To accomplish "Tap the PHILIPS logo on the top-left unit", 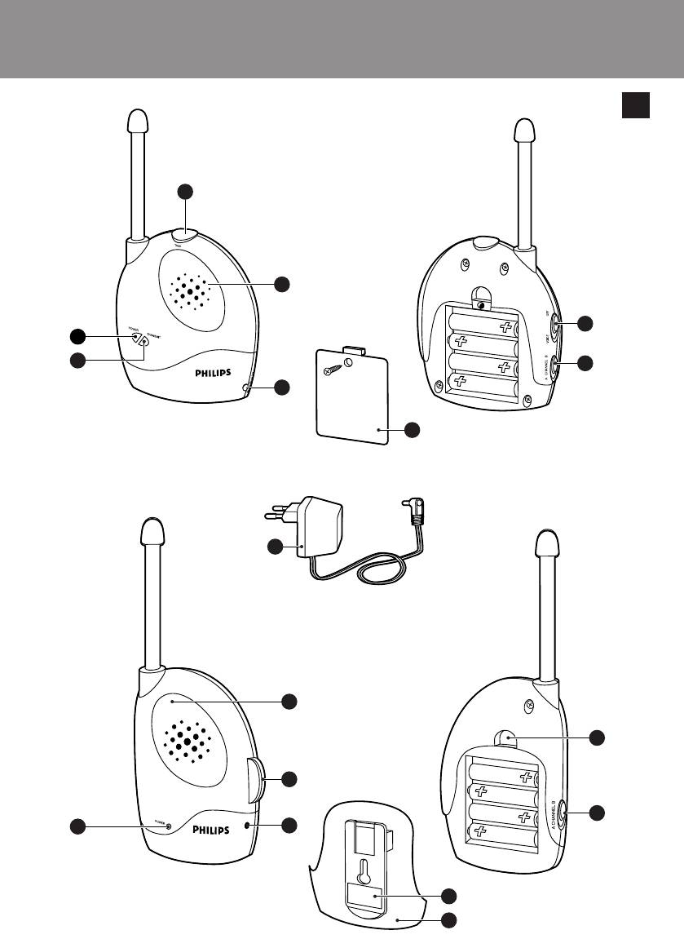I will tap(219, 373).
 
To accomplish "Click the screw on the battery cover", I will tap(334, 368).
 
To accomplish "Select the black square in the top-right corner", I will tap(636, 105).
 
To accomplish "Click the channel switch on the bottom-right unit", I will tap(566, 812).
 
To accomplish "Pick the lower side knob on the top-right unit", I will tap(554, 365).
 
